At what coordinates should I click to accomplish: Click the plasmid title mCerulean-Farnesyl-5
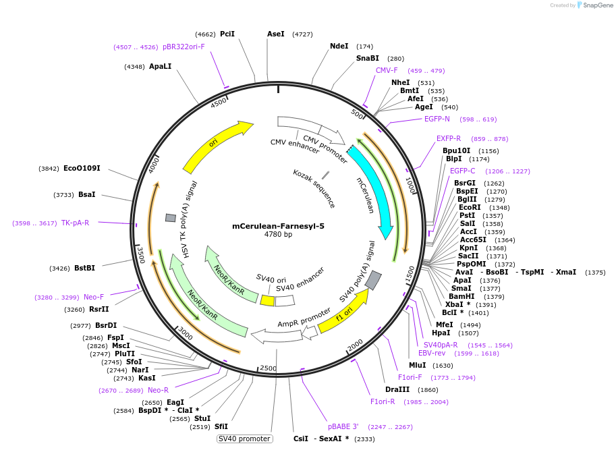pyautogui.click(x=278, y=226)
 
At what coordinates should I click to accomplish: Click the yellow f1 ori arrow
pyautogui.click(x=343, y=312)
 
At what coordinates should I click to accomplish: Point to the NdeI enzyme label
pyautogui.click(x=339, y=47)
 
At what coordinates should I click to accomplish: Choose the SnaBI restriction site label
pyautogui.click(x=367, y=59)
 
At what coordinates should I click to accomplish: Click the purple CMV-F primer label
pyautogui.click(x=387, y=70)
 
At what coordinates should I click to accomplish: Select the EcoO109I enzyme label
pyautogui.click(x=82, y=169)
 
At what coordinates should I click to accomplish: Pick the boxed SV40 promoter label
pyautogui.click(x=244, y=439)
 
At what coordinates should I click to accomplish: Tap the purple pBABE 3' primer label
pyautogui.click(x=343, y=426)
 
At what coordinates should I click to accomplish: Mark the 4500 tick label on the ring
pyautogui.click(x=219, y=103)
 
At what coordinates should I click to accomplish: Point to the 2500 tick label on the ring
pyautogui.click(x=268, y=368)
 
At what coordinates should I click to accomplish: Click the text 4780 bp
pyautogui.click(x=278, y=235)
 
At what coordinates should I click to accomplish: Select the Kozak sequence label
pyautogui.click(x=314, y=188)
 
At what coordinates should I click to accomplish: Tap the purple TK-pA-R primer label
pyautogui.click(x=75, y=223)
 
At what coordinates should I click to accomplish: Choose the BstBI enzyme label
pyautogui.click(x=84, y=268)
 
